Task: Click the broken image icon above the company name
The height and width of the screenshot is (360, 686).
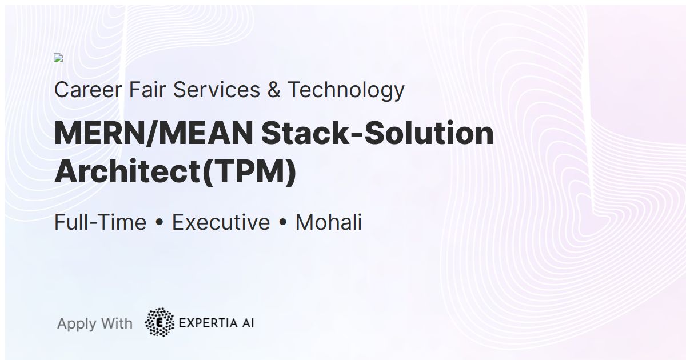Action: click(58, 58)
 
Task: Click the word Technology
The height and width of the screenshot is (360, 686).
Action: click(346, 90)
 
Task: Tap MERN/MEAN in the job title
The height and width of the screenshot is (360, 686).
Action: click(154, 134)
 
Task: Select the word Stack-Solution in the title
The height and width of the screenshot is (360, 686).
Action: click(377, 134)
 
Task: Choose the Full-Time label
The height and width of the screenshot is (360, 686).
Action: click(100, 222)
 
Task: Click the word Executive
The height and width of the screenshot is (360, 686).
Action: click(221, 222)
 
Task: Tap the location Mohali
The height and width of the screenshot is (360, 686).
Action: click(329, 222)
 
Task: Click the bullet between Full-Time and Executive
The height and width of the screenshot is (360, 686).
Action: click(159, 223)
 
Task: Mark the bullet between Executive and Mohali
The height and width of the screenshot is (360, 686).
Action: click(282, 223)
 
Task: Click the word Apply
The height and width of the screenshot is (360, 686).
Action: click(77, 323)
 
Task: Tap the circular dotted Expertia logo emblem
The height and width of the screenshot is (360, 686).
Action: click(159, 322)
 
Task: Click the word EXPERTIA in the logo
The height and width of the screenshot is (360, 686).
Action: click(206, 323)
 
